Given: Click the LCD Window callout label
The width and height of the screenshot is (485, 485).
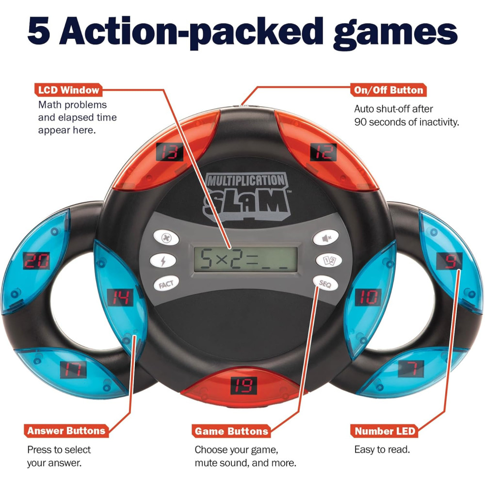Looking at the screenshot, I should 68,90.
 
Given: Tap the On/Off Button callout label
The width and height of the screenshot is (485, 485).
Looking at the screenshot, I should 387,90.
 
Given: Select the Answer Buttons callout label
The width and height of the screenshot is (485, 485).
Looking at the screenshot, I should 66,430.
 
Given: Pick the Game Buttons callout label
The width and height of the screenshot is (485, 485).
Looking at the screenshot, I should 231,431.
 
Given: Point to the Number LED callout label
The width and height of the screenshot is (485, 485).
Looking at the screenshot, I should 385,431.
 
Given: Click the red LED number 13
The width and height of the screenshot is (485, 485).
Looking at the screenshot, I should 169,153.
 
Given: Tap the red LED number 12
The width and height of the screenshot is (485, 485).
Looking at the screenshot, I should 323,153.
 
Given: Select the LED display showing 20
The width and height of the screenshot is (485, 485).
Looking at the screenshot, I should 37,262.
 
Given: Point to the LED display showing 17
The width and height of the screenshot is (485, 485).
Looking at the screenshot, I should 73,370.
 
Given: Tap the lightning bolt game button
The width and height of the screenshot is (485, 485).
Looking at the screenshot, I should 162,261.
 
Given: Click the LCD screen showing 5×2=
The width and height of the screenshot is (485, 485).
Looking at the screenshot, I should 245,259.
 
